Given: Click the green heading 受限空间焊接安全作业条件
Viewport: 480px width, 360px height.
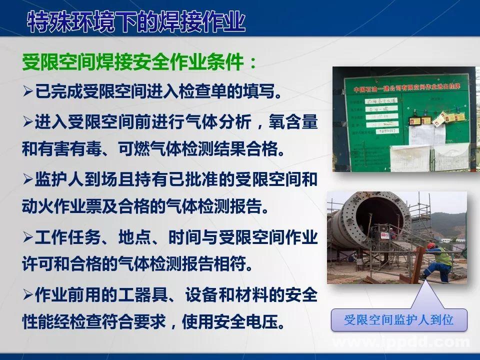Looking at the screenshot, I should pyautogui.click(x=140, y=63).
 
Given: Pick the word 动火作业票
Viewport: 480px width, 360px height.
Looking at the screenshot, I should pyautogui.click(x=64, y=206).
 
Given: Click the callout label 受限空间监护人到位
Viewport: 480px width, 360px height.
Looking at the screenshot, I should pyautogui.click(x=398, y=320).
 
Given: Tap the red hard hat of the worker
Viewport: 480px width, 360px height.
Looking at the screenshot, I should pyautogui.click(x=431, y=246).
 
